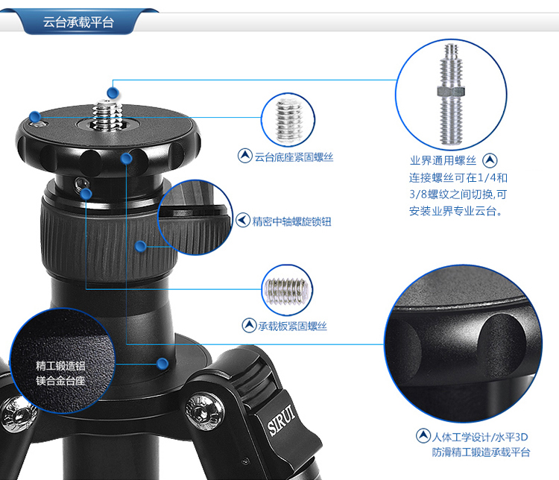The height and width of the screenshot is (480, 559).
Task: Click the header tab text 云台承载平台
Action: (x=78, y=22)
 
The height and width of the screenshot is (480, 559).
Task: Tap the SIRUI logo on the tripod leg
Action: (x=282, y=420)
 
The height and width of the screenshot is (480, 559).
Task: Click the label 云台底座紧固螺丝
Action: (x=294, y=157)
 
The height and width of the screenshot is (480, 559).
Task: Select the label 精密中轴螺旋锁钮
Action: (x=292, y=221)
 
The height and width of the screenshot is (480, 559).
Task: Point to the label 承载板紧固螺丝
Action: (x=293, y=326)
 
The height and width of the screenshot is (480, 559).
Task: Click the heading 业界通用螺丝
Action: (x=443, y=160)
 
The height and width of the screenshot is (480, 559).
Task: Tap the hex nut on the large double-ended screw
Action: (x=452, y=91)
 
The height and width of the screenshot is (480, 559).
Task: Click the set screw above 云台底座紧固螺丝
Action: (x=288, y=121)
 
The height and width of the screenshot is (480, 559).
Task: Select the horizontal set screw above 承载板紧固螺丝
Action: (x=287, y=291)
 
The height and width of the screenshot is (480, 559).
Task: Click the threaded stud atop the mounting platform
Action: (x=106, y=115)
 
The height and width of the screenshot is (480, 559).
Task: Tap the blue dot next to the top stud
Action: (x=113, y=92)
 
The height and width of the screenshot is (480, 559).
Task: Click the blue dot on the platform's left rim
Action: (x=35, y=116)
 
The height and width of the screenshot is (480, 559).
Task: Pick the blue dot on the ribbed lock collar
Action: (x=140, y=246)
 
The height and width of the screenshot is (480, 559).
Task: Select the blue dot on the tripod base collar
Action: (x=162, y=364)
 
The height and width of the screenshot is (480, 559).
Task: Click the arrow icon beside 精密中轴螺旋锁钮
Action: (x=243, y=221)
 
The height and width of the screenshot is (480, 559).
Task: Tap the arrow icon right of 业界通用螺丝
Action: (x=490, y=160)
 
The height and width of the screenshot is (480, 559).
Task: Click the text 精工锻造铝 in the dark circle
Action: (x=60, y=366)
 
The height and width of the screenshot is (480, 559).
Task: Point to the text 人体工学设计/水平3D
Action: (x=480, y=437)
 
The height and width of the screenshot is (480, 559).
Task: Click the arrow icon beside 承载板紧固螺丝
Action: (x=249, y=325)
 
